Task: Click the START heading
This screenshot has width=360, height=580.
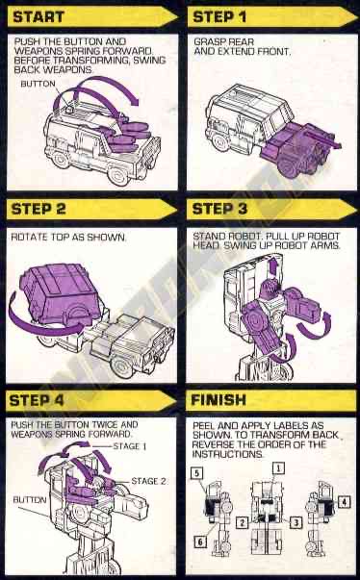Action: click(40, 16)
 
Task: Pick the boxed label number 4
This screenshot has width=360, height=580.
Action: click(344, 501)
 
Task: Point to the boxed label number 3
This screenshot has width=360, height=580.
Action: click(297, 522)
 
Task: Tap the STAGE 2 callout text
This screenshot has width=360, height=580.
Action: click(147, 480)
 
